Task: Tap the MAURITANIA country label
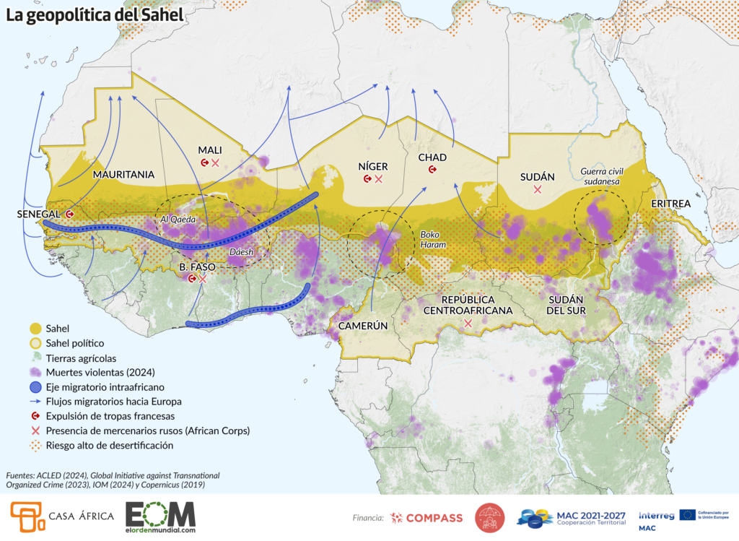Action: pos(123,174)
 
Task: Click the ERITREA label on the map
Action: pos(670,204)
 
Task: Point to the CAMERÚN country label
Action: pos(359,325)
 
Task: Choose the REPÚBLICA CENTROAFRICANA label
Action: pos(467,305)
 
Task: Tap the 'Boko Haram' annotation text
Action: pos(434,240)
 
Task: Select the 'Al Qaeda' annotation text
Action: pos(179,218)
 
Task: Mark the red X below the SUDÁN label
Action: pos(537,189)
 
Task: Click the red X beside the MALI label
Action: pos(215,163)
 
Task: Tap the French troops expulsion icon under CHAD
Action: pos(432,170)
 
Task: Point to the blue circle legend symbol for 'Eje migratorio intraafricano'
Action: pos(33,387)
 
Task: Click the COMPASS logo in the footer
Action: pos(426,518)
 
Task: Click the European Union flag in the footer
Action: pos(688,514)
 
